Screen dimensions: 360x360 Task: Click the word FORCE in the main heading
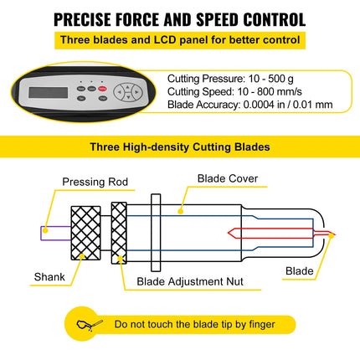click(x=136, y=19)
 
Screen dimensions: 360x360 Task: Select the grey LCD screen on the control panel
click(x=49, y=92)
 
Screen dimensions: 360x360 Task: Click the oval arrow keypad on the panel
click(x=128, y=92)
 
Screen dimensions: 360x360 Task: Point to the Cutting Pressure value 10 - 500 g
click(x=270, y=79)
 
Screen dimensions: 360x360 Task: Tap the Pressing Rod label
click(x=95, y=182)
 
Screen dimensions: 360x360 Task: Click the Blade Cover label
click(x=228, y=178)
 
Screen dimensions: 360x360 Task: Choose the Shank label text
click(x=49, y=277)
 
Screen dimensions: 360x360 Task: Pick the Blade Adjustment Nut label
click(x=190, y=281)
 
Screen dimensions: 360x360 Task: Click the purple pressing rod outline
click(x=56, y=234)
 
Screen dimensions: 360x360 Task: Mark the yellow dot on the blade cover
click(x=181, y=212)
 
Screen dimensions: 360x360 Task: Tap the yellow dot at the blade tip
click(x=332, y=236)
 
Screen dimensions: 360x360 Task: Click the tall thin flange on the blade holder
click(x=156, y=233)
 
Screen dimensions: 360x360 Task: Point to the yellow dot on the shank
click(x=82, y=256)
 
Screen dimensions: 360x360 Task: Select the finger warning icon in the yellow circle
click(x=90, y=325)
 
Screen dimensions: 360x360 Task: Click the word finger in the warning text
click(x=262, y=325)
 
